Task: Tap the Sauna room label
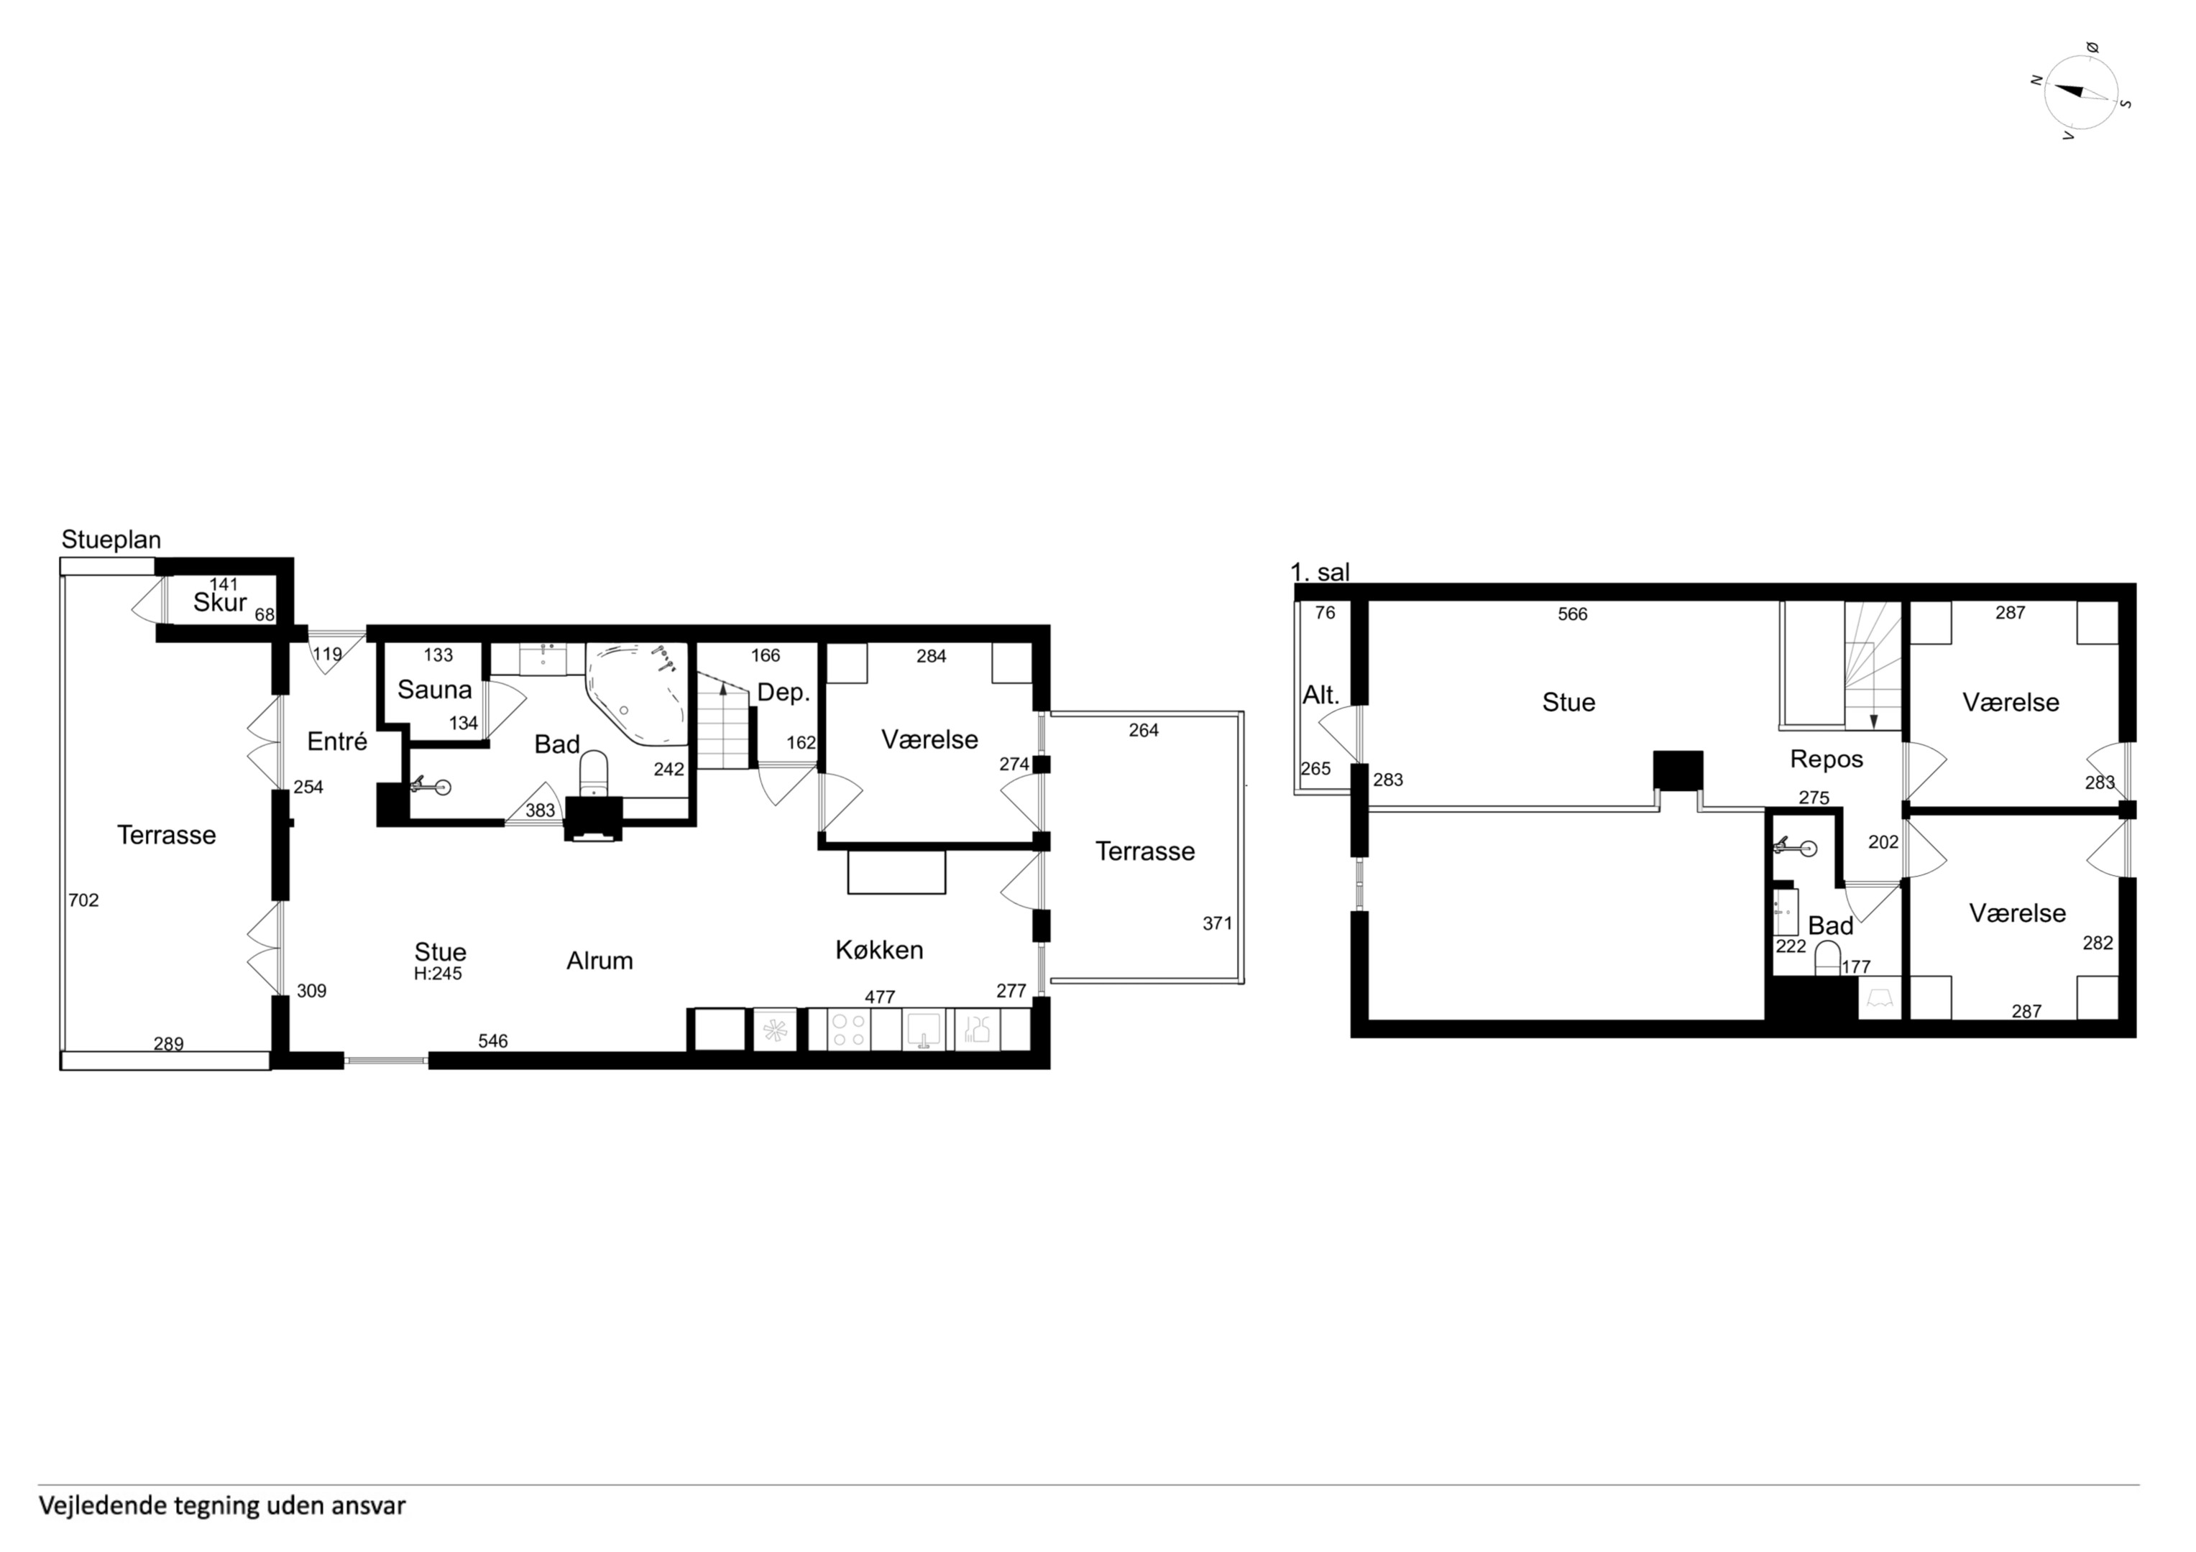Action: coord(435,690)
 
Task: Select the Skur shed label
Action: coord(220,602)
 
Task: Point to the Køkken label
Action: coord(879,950)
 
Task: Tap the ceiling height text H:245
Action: coord(438,974)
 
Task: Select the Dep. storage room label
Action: coord(784,693)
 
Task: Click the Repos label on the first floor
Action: coord(1827,759)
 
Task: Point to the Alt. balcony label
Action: coord(1321,696)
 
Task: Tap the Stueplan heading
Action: coord(111,540)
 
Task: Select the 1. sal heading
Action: coord(1320,572)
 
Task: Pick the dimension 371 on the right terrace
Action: coord(1218,924)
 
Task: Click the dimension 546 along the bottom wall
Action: coord(492,1041)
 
